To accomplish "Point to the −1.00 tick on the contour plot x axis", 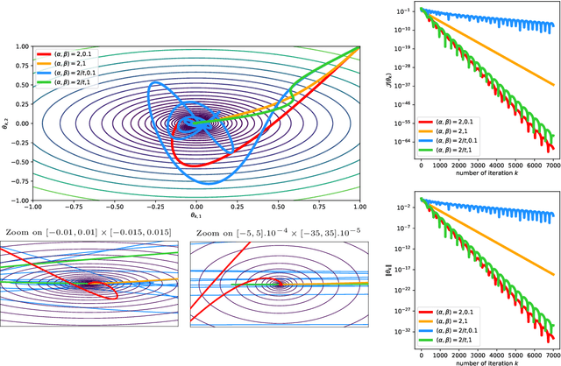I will coord(33,206).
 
